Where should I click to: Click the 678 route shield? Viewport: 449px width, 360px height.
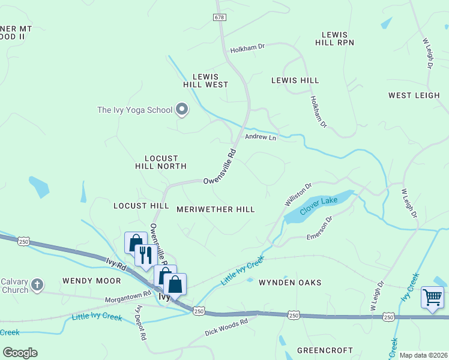coord(219,18)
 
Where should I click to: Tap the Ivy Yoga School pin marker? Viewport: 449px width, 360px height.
coord(182,110)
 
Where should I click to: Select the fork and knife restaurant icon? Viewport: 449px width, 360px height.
coord(145,255)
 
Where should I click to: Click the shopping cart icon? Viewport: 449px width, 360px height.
coord(432,296)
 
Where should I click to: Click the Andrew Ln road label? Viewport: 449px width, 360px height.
coord(260,137)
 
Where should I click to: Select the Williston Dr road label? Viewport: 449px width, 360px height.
coord(298,195)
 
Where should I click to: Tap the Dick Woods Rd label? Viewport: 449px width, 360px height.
coord(226,326)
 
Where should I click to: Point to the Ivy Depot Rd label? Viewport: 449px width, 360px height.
coord(142,324)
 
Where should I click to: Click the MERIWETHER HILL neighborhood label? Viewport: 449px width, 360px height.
coord(215,209)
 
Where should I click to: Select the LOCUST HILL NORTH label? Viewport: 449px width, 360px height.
coord(160,162)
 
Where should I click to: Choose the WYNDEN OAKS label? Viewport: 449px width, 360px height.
coord(290,282)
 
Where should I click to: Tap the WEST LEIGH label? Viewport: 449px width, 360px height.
coord(414,95)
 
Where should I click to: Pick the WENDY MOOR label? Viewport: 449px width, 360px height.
coord(84,281)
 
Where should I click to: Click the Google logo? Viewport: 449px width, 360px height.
coord(20,353)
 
